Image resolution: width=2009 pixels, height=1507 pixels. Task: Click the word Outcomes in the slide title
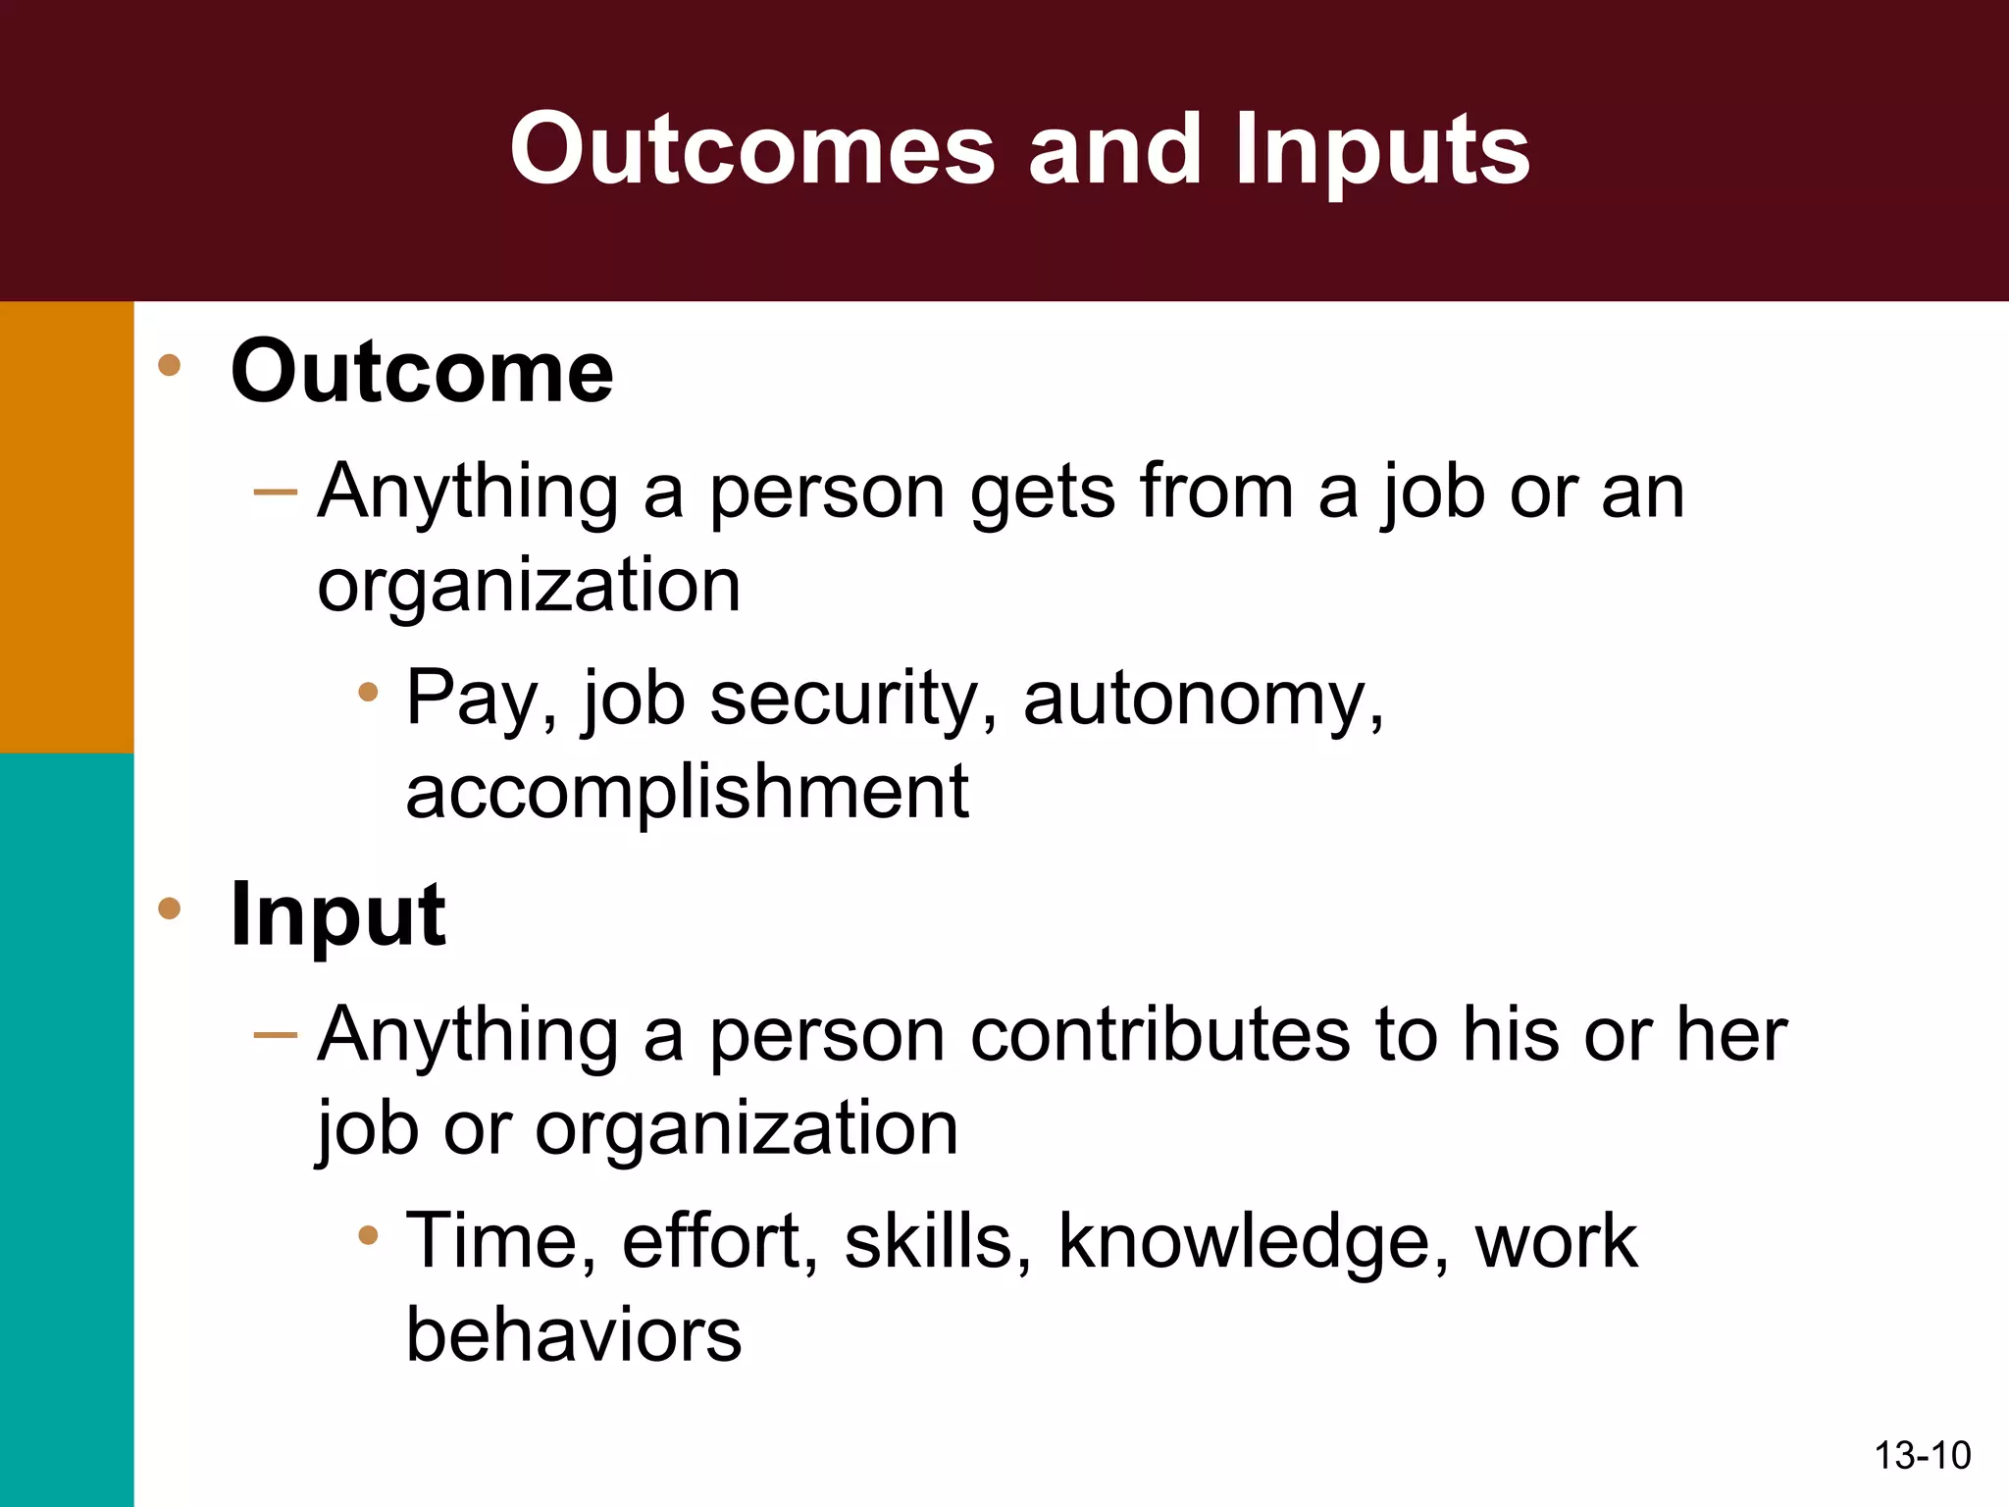coord(752,149)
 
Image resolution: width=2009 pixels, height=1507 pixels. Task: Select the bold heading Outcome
coord(422,372)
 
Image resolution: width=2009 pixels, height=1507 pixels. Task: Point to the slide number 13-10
coord(1922,1455)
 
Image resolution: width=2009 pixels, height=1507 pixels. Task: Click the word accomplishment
coord(687,793)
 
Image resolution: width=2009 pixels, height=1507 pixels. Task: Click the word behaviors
coord(574,1336)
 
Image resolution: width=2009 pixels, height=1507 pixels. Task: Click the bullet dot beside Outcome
coord(170,365)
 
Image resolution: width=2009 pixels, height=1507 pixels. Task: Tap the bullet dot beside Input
coord(170,909)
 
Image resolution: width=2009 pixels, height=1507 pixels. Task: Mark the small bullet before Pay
coord(368,693)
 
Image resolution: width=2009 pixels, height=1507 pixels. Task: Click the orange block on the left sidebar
coord(67,527)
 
